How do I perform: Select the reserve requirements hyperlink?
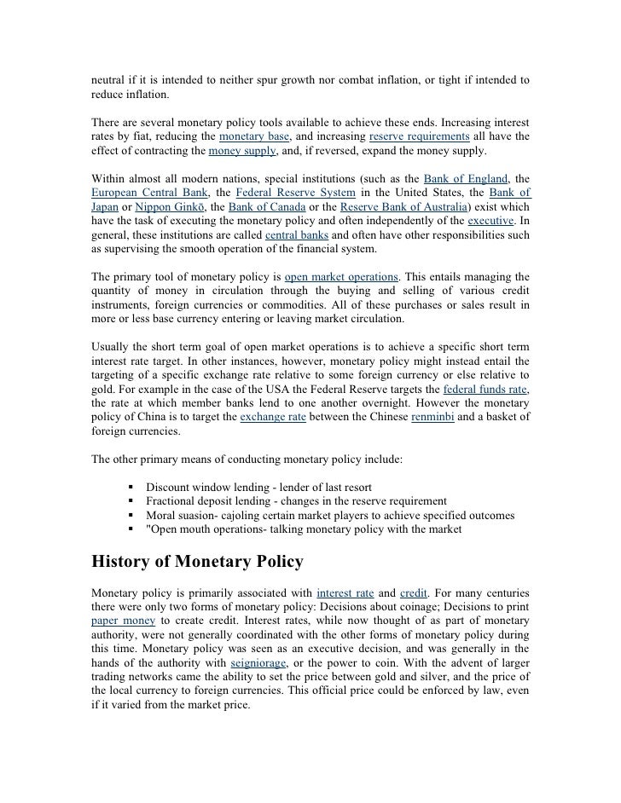tap(420, 136)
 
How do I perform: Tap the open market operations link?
tap(341, 276)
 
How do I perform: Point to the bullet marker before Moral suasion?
tap(132, 515)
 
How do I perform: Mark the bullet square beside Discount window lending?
tap(132, 486)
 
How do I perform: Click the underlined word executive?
tap(492, 221)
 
